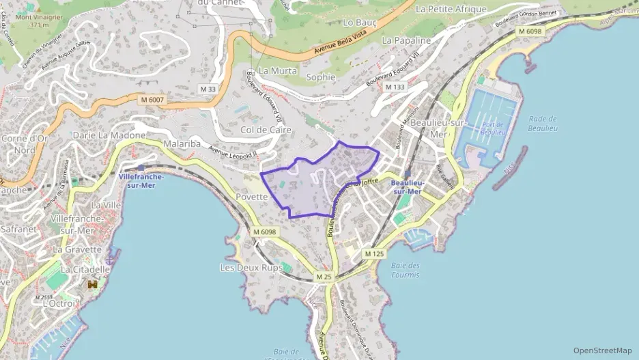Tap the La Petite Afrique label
[451, 10]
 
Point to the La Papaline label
[406, 40]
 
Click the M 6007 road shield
[152, 100]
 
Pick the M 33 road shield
[208, 89]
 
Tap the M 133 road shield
[395, 87]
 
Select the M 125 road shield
[373, 253]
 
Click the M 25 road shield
[324, 277]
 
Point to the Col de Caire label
[266, 129]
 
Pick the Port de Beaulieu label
[492, 128]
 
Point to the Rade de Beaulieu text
[543, 123]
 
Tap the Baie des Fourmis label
[406, 270]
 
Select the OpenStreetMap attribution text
[603, 350]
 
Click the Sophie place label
[321, 77]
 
